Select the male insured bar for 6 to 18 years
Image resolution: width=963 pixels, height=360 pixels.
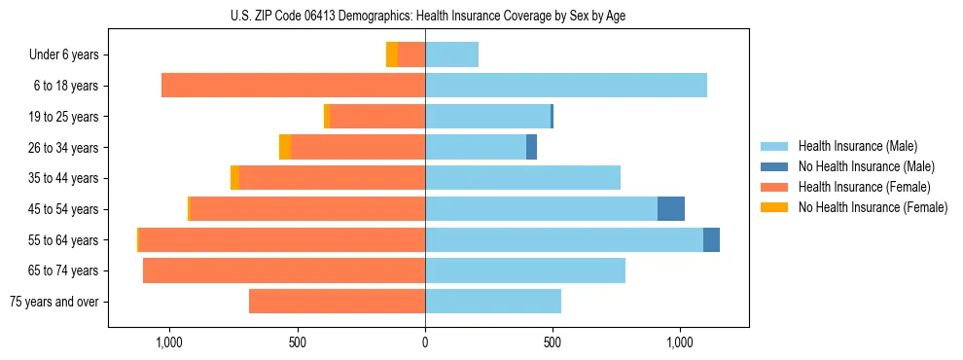[566, 86]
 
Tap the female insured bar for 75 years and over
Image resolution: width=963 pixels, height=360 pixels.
[337, 302]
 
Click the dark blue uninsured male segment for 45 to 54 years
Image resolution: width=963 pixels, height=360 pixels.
[671, 209]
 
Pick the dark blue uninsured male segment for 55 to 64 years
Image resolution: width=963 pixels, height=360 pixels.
[711, 240]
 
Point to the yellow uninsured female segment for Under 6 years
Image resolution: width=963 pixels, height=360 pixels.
[392, 54]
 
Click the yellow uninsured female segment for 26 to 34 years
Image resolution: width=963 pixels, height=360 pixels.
[285, 147]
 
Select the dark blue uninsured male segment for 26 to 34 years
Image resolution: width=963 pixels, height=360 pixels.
[531, 147]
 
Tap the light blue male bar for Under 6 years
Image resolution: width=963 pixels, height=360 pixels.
[451, 54]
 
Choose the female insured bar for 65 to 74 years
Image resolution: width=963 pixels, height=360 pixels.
[284, 270]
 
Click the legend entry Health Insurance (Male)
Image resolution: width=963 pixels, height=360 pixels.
[857, 146]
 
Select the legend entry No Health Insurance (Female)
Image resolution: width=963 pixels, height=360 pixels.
[872, 207]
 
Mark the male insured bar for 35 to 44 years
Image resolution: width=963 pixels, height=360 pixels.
[522, 178]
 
